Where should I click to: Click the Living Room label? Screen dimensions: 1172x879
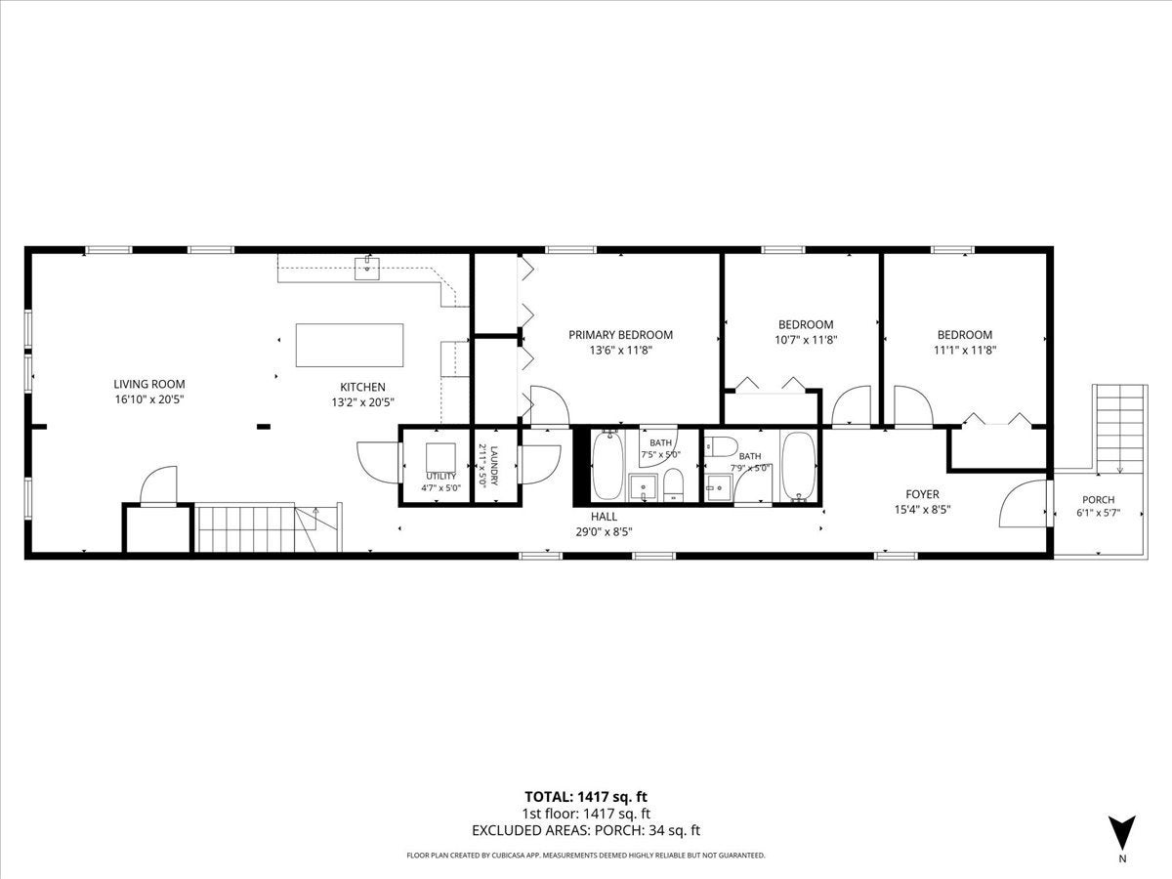pos(149,384)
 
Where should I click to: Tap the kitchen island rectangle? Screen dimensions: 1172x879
pos(350,345)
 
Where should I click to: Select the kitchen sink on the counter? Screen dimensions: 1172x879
pos(367,268)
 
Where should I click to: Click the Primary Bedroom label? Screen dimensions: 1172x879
pos(620,335)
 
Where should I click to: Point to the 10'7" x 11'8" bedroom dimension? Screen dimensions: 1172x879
pos(806,340)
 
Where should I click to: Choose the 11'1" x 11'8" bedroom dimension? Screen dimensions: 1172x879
pos(965,350)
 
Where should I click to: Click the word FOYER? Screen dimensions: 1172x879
pos(922,494)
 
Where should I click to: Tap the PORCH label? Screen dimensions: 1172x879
pos(1099,499)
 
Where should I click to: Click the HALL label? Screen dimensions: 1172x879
pos(604,516)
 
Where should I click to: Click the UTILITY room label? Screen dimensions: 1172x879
pos(441,476)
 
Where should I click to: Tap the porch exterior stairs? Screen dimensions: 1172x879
pos(1119,428)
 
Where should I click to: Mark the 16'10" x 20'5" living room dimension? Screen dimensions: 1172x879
pos(149,399)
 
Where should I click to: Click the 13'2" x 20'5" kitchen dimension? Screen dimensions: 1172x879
pos(363,402)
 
